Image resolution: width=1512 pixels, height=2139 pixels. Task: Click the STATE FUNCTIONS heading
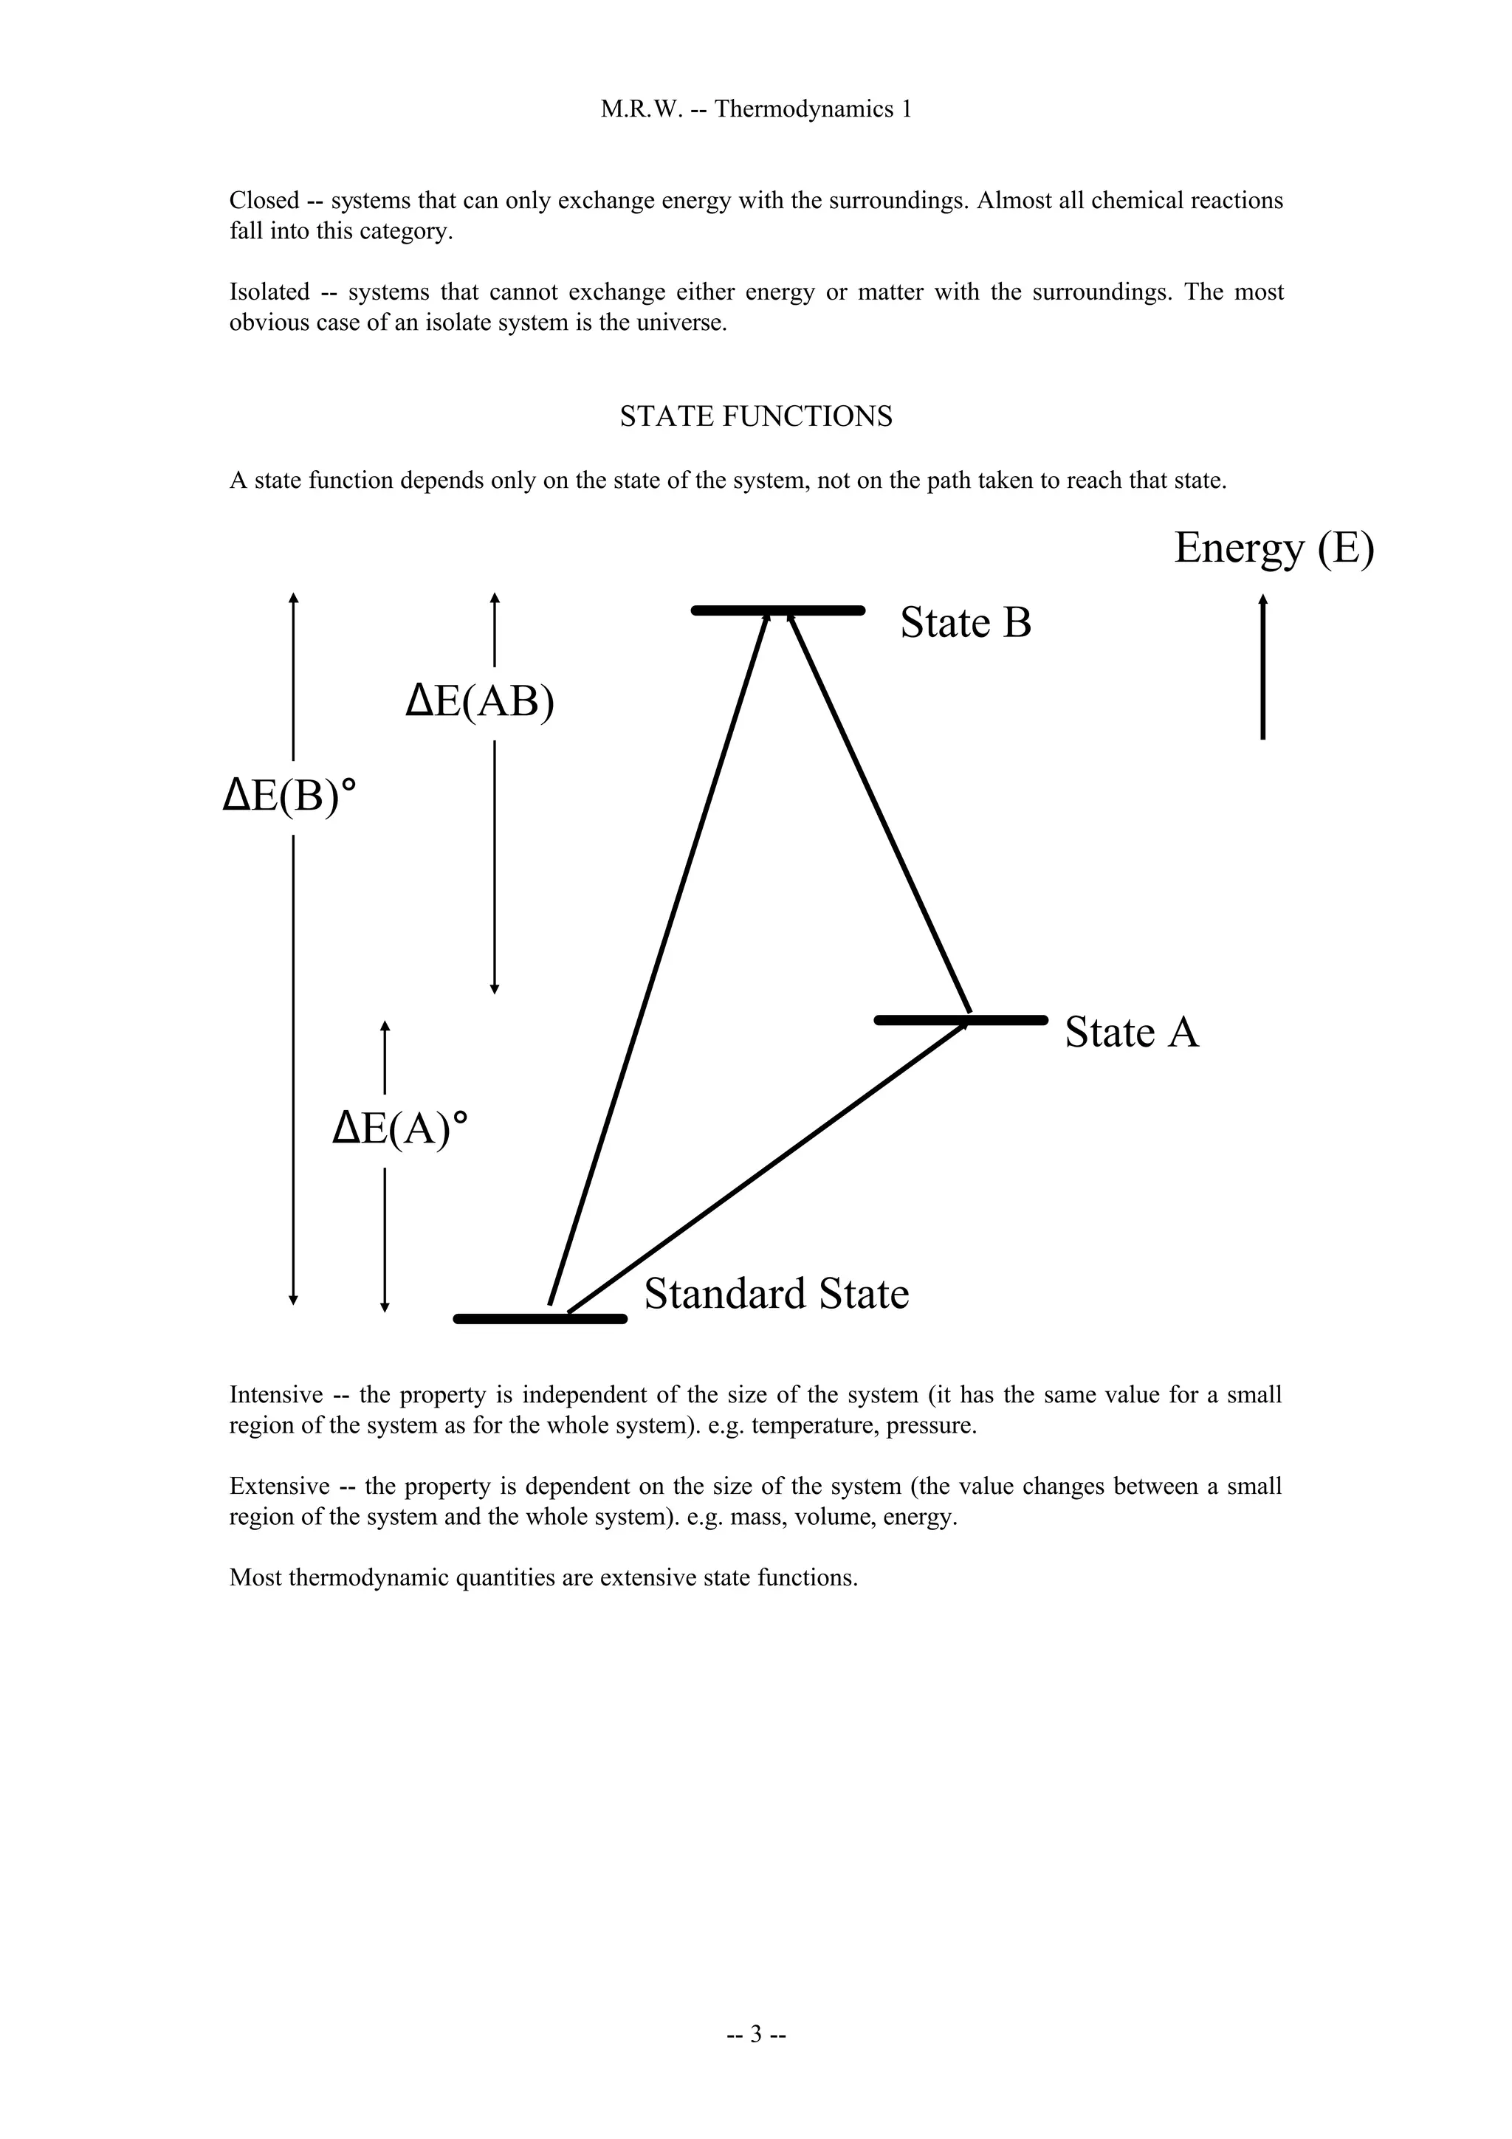point(755,416)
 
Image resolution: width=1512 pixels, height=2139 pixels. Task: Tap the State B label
point(965,622)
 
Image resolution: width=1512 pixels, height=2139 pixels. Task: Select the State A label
point(1131,1033)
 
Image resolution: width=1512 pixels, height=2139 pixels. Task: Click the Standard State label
point(776,1294)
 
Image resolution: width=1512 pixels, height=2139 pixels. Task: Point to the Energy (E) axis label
point(1273,548)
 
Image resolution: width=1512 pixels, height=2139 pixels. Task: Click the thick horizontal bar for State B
point(778,610)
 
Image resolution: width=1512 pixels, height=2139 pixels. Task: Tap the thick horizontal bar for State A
point(961,1020)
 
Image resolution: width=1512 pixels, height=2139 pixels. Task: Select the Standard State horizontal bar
point(540,1318)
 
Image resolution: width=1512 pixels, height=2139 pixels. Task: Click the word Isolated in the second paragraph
point(269,292)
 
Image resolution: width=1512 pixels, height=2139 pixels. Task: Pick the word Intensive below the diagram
point(276,1395)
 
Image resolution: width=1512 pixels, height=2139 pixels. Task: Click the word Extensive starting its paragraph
point(278,1486)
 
